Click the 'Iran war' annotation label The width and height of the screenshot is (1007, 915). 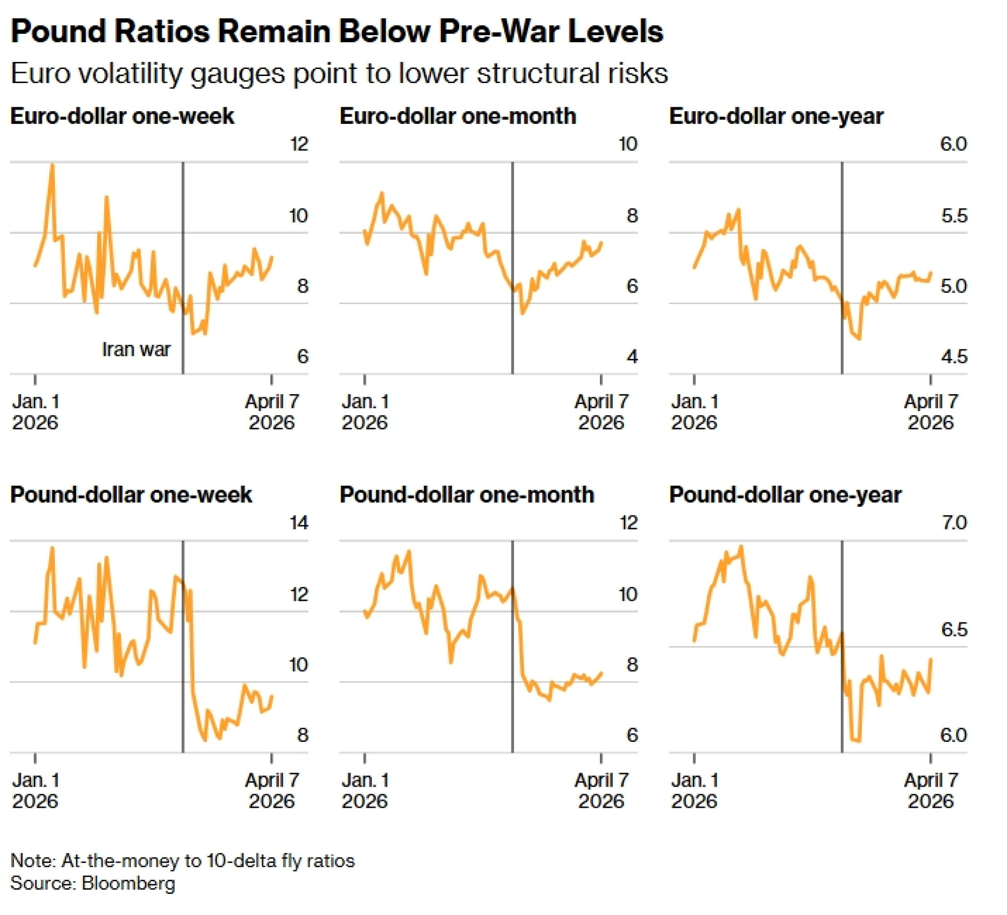pos(136,349)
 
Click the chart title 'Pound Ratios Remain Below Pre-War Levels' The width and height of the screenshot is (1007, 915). pos(337,31)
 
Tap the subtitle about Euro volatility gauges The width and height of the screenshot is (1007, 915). pos(339,73)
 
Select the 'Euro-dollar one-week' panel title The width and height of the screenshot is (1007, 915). pos(122,116)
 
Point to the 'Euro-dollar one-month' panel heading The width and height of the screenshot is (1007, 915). pos(458,116)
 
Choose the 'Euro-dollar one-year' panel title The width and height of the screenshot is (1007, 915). pos(776,116)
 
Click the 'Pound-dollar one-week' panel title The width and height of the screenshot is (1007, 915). pos(131,495)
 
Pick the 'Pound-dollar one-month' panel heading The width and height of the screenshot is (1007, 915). pos(467,495)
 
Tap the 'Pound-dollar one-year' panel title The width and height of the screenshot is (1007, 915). pos(785,495)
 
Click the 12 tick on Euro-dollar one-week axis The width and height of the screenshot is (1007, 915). pos(299,144)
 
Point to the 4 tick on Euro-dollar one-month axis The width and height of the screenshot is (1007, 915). pos(632,357)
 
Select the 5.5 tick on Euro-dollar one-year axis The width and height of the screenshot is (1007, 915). pos(954,216)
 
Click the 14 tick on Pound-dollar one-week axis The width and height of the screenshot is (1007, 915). pos(299,523)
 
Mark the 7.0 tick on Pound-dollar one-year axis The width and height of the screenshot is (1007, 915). pos(954,523)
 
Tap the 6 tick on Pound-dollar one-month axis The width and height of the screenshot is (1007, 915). pos(632,735)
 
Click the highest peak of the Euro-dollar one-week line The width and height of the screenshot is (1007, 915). pos(52,165)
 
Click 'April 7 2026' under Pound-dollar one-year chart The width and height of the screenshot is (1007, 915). pos(930,791)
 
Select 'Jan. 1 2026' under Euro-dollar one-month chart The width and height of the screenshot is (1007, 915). pos(365,412)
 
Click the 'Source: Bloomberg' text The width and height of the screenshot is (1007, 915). pos(93,883)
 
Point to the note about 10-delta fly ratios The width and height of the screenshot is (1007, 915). pos(182,861)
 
